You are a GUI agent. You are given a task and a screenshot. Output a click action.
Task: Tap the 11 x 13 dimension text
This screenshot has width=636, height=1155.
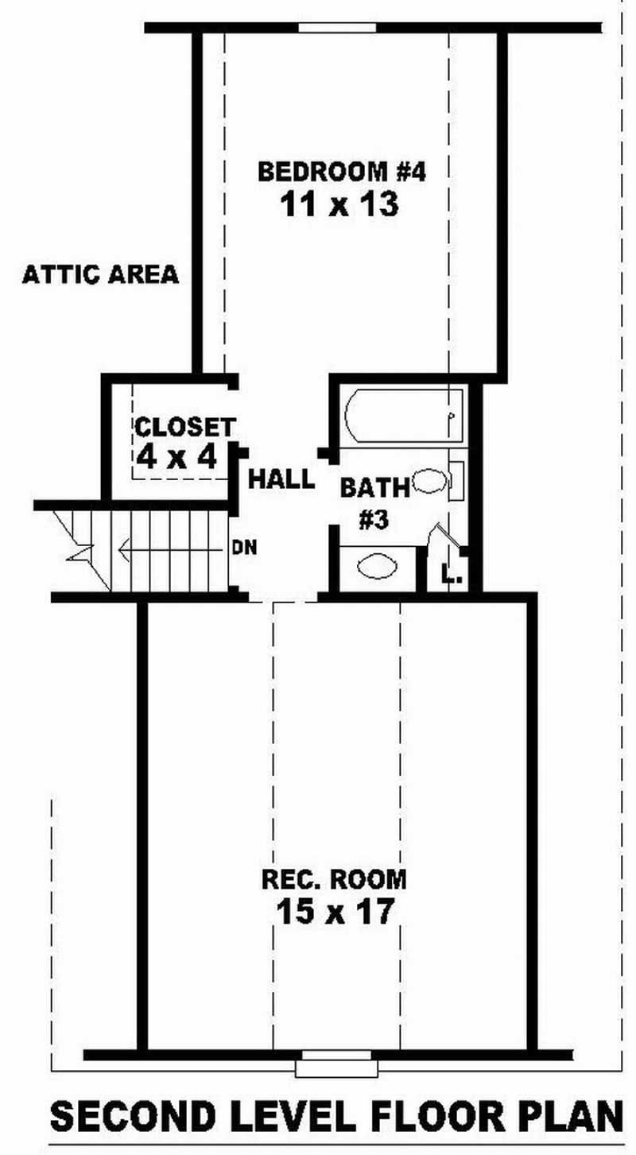coord(338,205)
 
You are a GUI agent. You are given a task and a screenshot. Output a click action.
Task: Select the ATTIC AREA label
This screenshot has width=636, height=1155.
coord(100,275)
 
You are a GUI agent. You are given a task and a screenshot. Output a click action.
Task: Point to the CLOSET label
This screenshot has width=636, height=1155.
coord(184,427)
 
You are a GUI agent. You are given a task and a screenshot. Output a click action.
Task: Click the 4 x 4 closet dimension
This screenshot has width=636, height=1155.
coord(176,456)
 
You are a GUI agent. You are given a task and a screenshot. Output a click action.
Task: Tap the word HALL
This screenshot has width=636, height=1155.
coord(281,479)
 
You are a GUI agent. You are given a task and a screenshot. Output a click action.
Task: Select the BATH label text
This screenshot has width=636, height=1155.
coord(374,486)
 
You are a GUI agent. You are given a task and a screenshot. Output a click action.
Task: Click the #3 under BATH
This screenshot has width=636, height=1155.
coord(373,521)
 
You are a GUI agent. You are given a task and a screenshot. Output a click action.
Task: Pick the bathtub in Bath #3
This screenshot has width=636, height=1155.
coord(404,416)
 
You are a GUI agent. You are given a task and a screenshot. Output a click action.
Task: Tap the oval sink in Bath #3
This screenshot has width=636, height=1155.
coord(377,567)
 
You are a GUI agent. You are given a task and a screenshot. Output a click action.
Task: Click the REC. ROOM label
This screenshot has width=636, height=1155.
coord(334,880)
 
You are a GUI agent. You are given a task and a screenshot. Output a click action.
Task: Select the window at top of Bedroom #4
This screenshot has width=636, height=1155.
coord(336,27)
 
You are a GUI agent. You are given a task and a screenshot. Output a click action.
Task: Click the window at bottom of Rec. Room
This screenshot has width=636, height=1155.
coord(334,1062)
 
